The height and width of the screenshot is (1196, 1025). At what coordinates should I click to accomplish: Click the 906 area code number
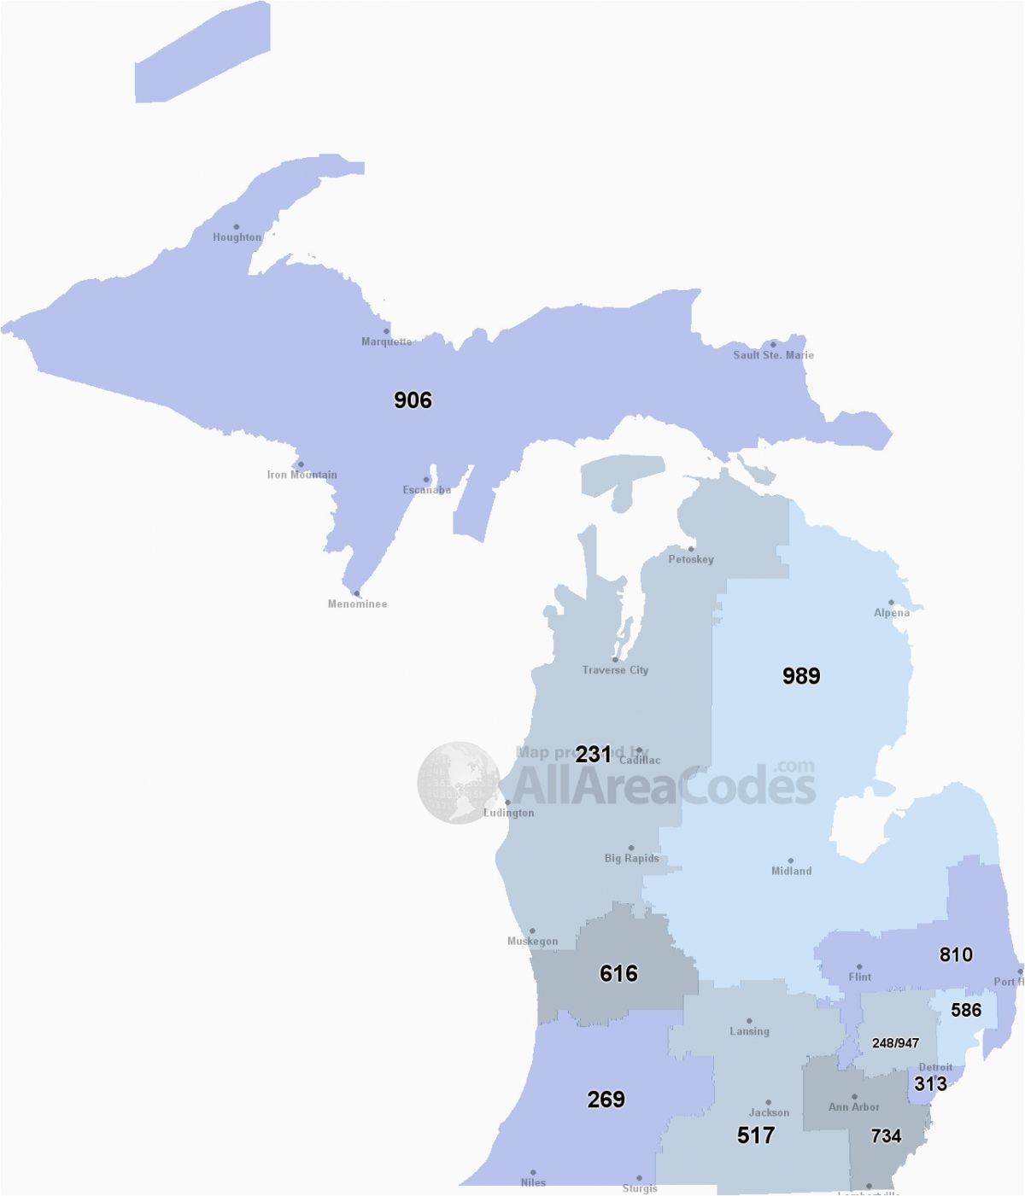pos(413,400)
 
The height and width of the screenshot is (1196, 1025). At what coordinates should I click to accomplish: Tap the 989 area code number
pos(801,676)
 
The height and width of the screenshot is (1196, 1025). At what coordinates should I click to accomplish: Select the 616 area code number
pos(618,973)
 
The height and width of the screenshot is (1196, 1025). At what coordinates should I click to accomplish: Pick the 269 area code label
pos(606,1099)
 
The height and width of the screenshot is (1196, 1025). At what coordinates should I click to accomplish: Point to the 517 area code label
pos(756,1135)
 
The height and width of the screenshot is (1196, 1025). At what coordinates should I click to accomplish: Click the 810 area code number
pos(956,954)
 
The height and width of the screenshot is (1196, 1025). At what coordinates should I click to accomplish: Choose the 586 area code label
pos(966,1010)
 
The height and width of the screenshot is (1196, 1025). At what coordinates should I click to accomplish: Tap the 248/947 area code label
pos(895,1043)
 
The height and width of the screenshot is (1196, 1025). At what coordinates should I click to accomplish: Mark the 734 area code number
pos(886,1135)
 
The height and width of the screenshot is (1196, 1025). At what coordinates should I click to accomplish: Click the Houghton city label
pos(237,237)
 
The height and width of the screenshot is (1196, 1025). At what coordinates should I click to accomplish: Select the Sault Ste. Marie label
pos(773,355)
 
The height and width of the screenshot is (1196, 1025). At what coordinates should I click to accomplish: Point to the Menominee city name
pos(357,604)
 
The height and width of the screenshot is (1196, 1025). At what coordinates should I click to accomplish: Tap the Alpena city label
pos(892,613)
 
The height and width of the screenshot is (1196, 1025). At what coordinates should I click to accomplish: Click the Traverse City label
pos(615,670)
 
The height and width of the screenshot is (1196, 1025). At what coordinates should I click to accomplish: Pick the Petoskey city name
pos(691,559)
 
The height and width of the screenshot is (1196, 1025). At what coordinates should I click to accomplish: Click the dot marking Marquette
pos(386,331)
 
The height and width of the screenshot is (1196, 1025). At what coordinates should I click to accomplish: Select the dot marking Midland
pos(790,861)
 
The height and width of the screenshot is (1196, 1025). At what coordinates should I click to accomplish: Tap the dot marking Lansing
pos(749,1021)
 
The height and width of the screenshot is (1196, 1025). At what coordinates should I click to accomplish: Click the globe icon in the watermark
pos(459,783)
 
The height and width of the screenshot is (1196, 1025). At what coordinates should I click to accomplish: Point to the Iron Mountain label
pos(302,475)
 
